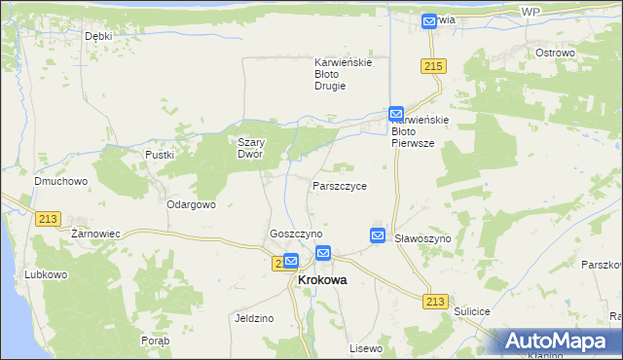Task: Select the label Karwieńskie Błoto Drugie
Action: pyautogui.click(x=344, y=74)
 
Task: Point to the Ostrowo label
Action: pyautogui.click(x=555, y=53)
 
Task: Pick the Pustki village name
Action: pyautogui.click(x=159, y=155)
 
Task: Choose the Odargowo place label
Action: pyautogui.click(x=191, y=204)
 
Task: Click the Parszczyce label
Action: pyautogui.click(x=340, y=185)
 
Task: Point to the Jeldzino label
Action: pyautogui.click(x=254, y=318)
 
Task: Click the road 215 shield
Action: pyautogui.click(x=434, y=65)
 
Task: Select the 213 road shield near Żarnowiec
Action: pyautogui.click(x=48, y=220)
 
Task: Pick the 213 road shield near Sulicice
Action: pyautogui.click(x=436, y=302)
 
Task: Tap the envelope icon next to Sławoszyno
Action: pyautogui.click(x=378, y=235)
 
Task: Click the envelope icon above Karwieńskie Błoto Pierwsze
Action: pyautogui.click(x=396, y=114)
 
